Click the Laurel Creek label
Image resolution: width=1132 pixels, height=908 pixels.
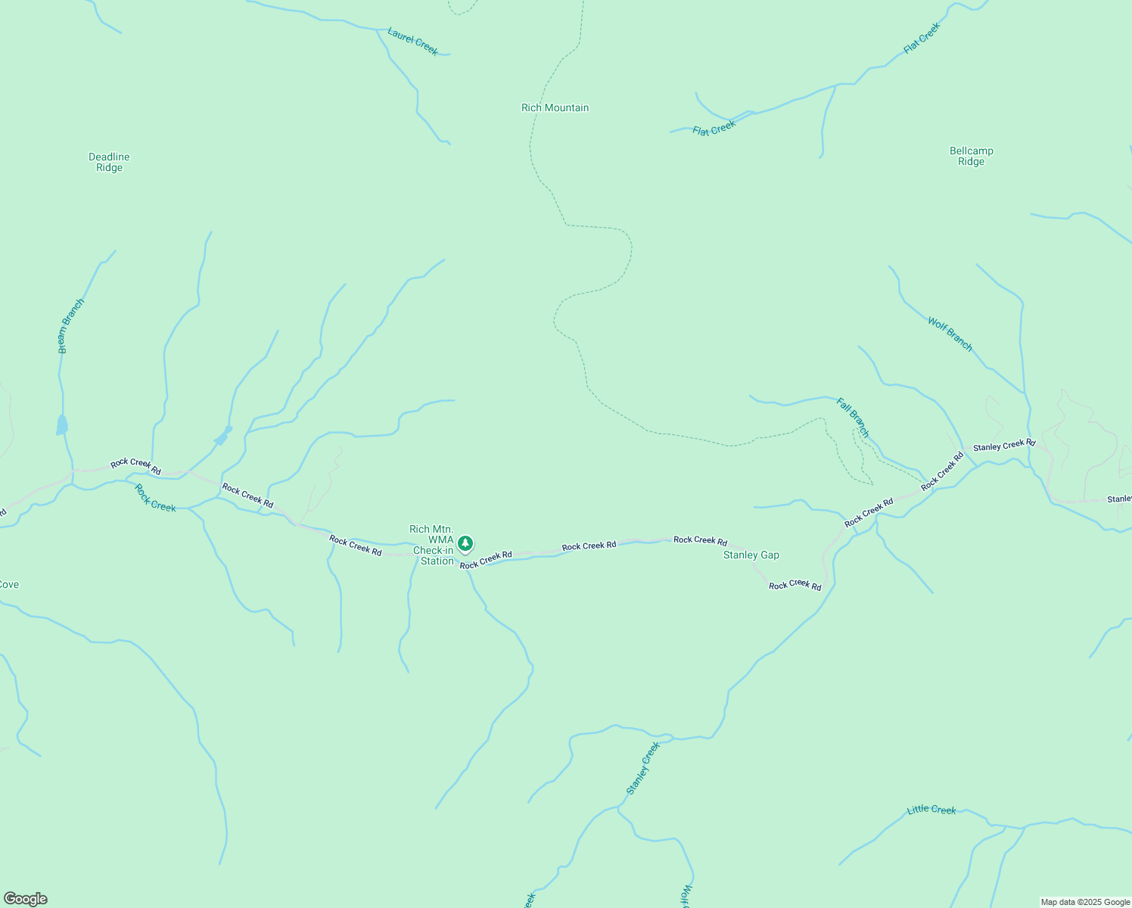point(412,41)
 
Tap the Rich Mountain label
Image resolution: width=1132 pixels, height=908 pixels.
point(555,107)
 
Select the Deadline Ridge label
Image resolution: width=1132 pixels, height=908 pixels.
point(109,162)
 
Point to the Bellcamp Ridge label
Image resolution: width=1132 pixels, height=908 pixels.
point(971,156)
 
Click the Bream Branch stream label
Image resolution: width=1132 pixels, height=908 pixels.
point(71,325)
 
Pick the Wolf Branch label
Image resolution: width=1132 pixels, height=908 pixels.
point(950,334)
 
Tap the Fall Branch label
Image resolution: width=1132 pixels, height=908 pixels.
point(853,417)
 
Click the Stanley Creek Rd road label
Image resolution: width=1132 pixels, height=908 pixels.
point(1003,446)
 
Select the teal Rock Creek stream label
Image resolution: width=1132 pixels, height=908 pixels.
point(154,497)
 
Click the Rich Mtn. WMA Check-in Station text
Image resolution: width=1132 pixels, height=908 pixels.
point(432,545)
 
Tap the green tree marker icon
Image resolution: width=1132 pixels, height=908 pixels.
point(465,543)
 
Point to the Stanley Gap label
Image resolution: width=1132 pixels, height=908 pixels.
point(751,555)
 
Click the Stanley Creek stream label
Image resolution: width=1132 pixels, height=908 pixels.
point(643,767)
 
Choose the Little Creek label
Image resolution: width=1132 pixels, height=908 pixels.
point(931,810)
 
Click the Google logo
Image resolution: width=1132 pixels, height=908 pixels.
point(25,899)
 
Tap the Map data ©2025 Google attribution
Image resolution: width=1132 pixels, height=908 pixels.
point(1085,902)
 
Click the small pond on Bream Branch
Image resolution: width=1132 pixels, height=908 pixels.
point(62,425)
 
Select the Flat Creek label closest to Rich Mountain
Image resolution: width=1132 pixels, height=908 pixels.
point(714,128)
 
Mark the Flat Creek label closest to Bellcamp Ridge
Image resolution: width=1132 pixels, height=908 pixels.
point(922,38)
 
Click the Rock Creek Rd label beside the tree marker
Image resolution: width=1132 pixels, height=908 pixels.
point(486,560)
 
